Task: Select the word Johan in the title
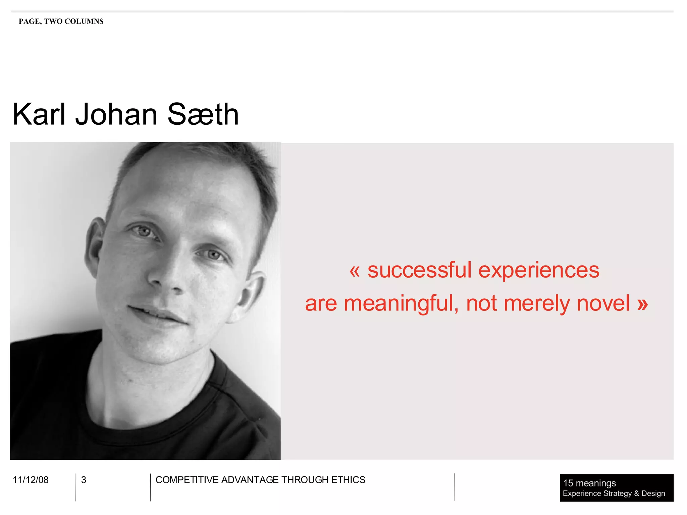click(x=116, y=115)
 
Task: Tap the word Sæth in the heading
click(x=203, y=115)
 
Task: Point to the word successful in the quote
click(x=420, y=270)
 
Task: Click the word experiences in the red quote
click(x=539, y=271)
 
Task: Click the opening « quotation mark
click(x=355, y=271)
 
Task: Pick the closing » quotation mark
click(x=642, y=304)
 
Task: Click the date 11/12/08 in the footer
click(x=31, y=480)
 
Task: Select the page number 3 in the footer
click(x=84, y=480)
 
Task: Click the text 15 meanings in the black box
click(x=589, y=483)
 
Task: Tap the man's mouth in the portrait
click(x=158, y=313)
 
